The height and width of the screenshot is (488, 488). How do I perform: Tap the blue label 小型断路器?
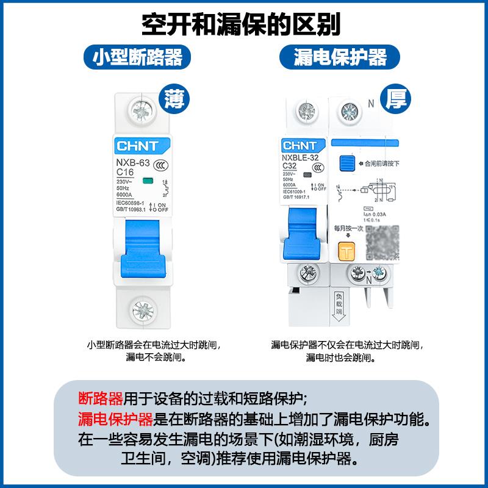click(137, 58)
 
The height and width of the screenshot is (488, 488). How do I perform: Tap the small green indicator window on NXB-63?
click(147, 181)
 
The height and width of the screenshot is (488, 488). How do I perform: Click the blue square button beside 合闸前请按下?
click(347, 164)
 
